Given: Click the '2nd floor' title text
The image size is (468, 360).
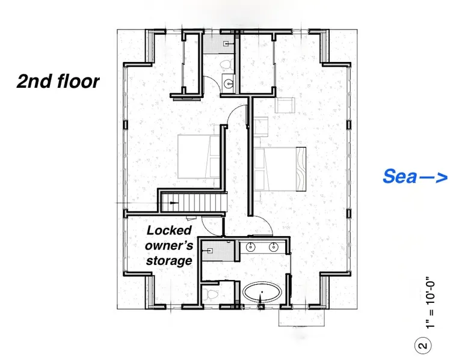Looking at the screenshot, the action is pyautogui.click(x=58, y=81).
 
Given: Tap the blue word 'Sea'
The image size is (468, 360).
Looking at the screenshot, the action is pyautogui.click(x=399, y=176).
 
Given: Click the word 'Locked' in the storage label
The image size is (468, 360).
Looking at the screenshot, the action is pyautogui.click(x=169, y=230).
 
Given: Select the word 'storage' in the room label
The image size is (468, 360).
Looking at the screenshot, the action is pyautogui.click(x=169, y=260).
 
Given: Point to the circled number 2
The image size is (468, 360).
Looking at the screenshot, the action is pyautogui.click(x=423, y=346).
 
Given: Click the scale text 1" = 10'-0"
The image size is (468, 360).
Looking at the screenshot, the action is pyautogui.click(x=430, y=305).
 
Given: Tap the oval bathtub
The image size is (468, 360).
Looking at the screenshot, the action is pyautogui.click(x=262, y=292).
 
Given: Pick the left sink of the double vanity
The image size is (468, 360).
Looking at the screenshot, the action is pyautogui.click(x=251, y=246).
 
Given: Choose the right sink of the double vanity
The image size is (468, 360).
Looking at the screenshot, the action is pyautogui.click(x=273, y=246).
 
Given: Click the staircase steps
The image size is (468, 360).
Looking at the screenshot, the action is pyautogui.click(x=194, y=203).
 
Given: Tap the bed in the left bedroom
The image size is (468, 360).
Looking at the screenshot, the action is pyautogui.click(x=199, y=157).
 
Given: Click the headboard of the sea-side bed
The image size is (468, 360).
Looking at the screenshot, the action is pyautogui.click(x=301, y=169).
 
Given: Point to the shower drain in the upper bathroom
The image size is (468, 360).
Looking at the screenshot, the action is pyautogui.click(x=226, y=44).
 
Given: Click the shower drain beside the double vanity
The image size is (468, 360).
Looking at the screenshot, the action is pyautogui.click(x=210, y=251).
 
